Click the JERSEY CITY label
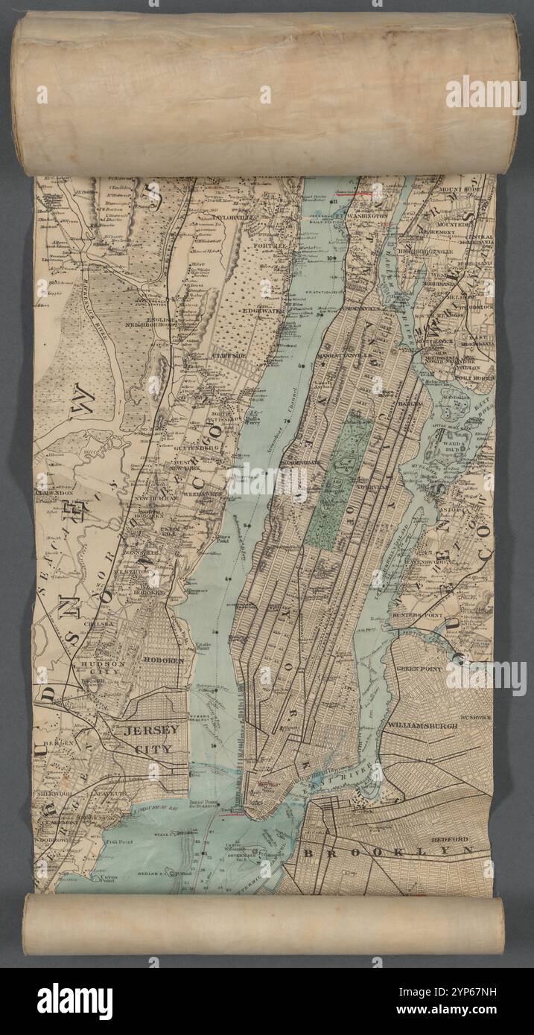pos(150,739)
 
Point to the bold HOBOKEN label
pos(163,660)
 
